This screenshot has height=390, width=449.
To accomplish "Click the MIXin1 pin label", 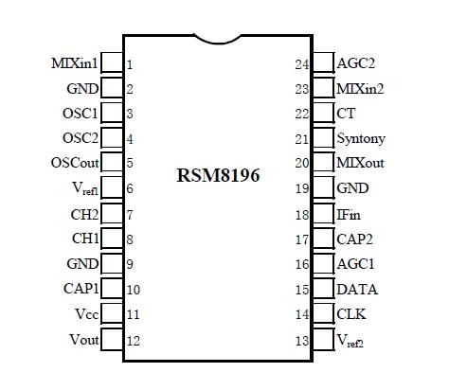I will point(74,63).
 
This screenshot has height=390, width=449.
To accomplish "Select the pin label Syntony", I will point(361,138).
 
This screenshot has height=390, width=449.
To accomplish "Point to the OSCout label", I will point(74,163).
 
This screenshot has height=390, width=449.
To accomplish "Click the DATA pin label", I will point(356,289).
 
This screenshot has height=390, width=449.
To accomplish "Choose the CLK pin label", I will point(351,313).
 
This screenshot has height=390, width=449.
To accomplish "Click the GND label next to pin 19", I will point(352,188).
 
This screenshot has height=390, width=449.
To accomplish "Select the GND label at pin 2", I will point(81,89).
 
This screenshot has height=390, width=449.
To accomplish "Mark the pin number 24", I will point(302,64).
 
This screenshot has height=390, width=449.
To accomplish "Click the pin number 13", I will point(302,340).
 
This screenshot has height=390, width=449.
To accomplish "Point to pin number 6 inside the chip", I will point(130,189).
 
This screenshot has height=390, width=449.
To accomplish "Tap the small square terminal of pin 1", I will point(111,63).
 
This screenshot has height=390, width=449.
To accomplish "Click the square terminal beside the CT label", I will point(323,114).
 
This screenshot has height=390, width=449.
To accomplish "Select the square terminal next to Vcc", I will point(111,313).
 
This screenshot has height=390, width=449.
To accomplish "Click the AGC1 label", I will point(356,264).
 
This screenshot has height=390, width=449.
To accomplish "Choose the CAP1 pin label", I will point(81,289).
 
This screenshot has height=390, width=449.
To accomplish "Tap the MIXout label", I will point(360,164).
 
